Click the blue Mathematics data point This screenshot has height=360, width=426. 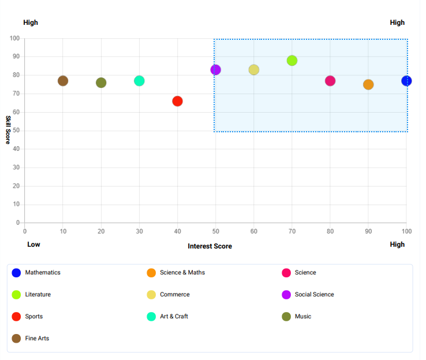[406, 81]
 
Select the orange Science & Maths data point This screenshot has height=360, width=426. [368, 84]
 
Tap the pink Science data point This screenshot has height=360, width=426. [330, 81]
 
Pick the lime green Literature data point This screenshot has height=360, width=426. [292, 61]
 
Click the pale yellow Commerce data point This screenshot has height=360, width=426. [254, 70]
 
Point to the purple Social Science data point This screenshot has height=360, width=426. [216, 70]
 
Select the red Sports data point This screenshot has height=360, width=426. [177, 101]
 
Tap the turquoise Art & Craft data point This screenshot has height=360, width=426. [139, 81]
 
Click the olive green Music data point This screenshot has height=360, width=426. [101, 83]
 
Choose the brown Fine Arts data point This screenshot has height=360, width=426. [63, 81]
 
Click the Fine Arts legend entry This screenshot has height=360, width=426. [37, 338]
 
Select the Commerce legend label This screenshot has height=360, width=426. [174, 294]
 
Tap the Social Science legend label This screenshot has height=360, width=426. [314, 294]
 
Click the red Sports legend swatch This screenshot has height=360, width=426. [16, 316]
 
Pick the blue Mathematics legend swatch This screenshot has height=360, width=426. [16, 273]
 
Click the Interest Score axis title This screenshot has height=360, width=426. [210, 246]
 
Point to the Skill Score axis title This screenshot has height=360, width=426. [9, 130]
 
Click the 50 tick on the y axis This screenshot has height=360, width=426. [15, 131]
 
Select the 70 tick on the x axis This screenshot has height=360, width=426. [292, 231]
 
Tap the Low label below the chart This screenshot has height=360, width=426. [33, 244]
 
